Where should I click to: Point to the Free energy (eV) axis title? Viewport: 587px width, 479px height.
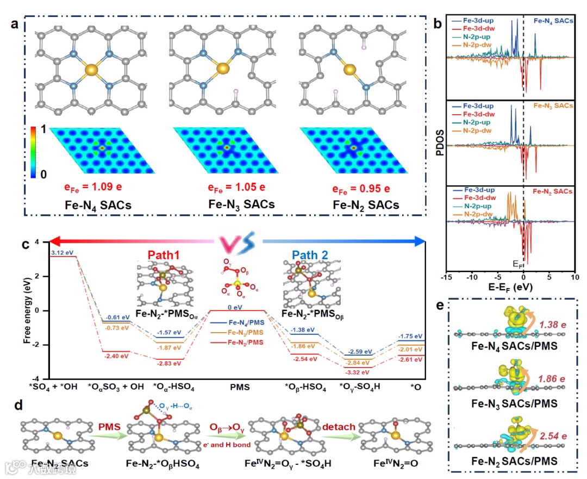point(27,310)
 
